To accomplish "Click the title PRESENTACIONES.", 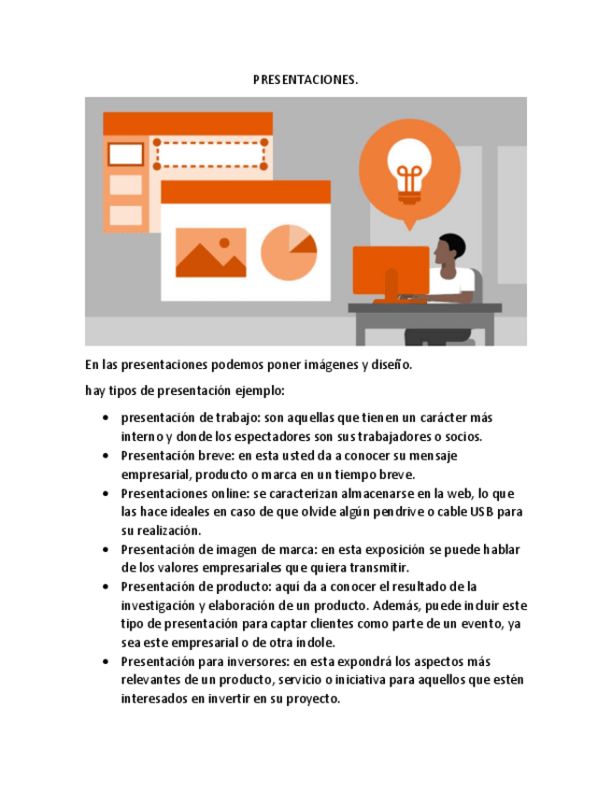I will [306, 80].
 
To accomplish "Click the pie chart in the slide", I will [288, 253].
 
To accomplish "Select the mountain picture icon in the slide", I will [210, 253].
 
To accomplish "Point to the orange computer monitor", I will [391, 272].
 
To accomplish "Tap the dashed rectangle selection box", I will [209, 152].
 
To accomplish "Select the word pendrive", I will [415, 512].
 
